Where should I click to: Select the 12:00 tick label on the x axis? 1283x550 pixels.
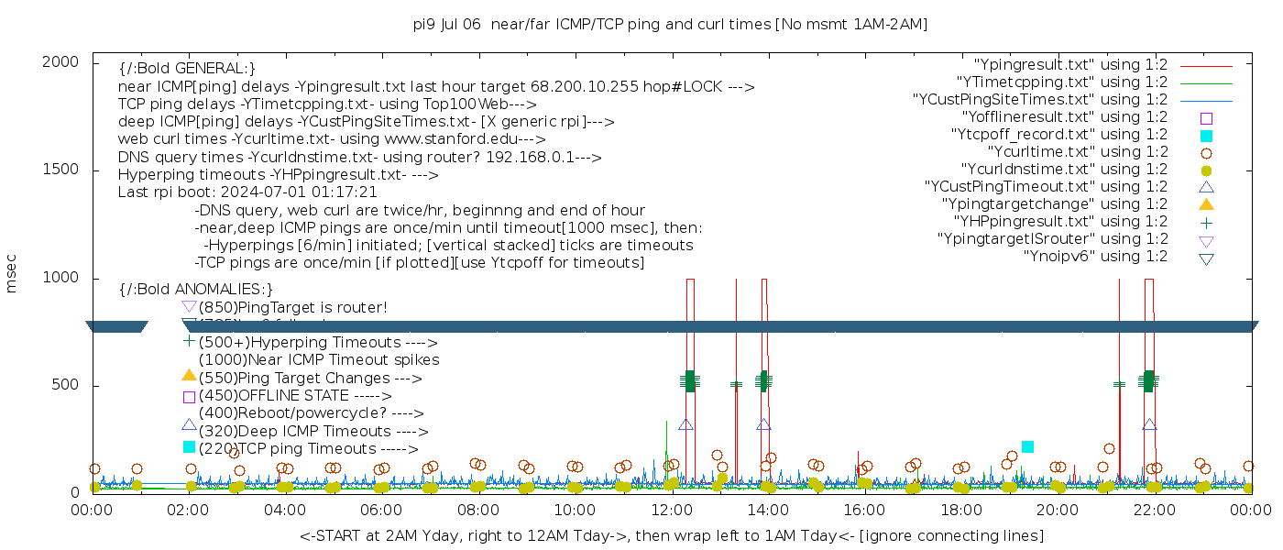[672, 509]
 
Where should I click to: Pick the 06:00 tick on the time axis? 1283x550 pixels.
[382, 509]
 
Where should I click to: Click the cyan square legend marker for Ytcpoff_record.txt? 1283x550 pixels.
[1206, 136]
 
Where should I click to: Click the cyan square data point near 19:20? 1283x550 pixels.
[1027, 446]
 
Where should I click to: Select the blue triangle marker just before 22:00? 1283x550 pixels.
[1149, 425]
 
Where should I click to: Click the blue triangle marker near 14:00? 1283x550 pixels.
[763, 425]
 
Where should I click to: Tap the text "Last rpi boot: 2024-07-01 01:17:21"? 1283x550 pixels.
[247, 192]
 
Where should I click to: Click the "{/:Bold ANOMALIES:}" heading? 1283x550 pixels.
[196, 290]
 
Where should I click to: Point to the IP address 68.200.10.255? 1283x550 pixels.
[581, 88]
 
